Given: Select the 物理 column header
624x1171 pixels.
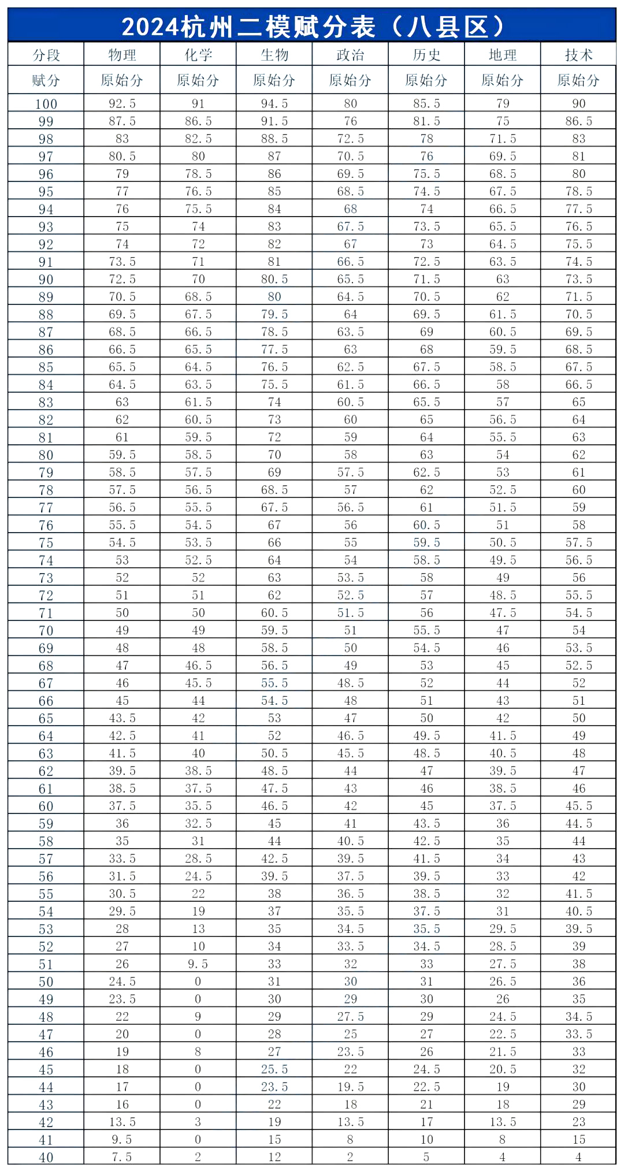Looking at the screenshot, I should click(122, 55).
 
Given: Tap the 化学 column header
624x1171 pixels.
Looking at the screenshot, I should click(198, 55).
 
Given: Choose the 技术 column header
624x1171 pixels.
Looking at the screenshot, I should click(578, 55).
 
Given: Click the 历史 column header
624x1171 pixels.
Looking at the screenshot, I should click(426, 55).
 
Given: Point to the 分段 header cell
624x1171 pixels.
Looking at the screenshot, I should click(46, 55).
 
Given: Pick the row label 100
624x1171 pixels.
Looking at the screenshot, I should click(46, 104).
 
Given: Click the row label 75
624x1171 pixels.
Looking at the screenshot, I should click(46, 543).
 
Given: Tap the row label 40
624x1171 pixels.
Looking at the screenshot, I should click(46, 1157).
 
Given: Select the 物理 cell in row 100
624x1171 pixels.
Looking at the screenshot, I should click(122, 104).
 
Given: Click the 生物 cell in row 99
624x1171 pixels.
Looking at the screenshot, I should click(274, 121).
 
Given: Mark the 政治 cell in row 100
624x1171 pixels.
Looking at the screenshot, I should click(351, 104).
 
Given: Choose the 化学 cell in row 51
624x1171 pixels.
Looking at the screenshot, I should click(198, 964).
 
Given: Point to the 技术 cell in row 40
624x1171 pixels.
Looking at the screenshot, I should click(578, 1157).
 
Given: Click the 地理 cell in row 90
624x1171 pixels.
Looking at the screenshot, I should click(503, 280).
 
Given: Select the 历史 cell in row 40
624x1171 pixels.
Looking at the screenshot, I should click(426, 1157).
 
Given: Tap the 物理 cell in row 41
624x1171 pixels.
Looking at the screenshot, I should click(122, 1140).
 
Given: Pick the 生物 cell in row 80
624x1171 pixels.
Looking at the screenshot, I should click(274, 455).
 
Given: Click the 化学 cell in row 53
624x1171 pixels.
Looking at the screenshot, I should click(198, 929).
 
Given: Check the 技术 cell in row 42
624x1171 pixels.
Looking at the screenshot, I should click(578, 1122).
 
